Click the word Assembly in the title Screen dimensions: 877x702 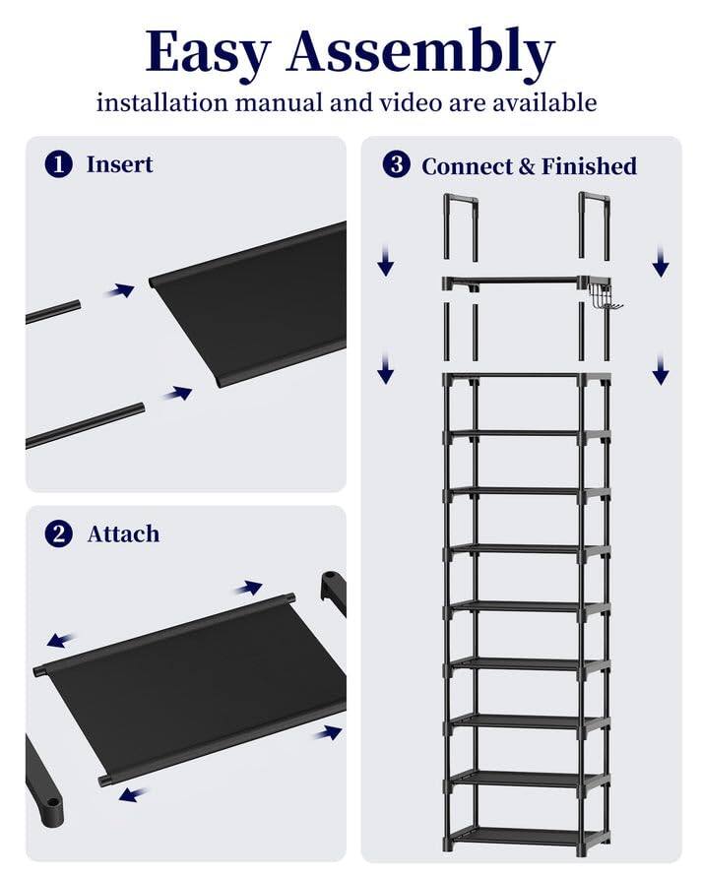(420, 55)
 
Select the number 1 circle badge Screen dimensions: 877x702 (59, 164)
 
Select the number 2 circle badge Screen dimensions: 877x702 (59, 534)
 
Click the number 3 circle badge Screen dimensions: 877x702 (396, 164)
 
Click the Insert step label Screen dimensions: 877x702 (119, 164)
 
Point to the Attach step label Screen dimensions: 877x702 (123, 534)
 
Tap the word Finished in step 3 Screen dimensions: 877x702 (588, 166)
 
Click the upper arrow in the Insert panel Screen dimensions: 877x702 (121, 290)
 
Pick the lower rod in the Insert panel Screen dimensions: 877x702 (85, 425)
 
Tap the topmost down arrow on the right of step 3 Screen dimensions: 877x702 (660, 261)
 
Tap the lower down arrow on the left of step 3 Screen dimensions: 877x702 (386, 370)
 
